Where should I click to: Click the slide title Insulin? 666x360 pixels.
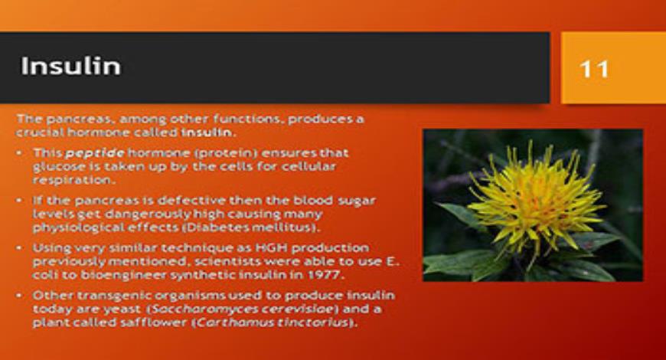point(70,66)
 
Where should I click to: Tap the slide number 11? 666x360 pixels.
point(594,69)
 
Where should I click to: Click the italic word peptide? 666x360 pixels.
point(94,152)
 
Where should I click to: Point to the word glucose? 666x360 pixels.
point(54,166)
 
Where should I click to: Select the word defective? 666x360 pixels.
point(145,200)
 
